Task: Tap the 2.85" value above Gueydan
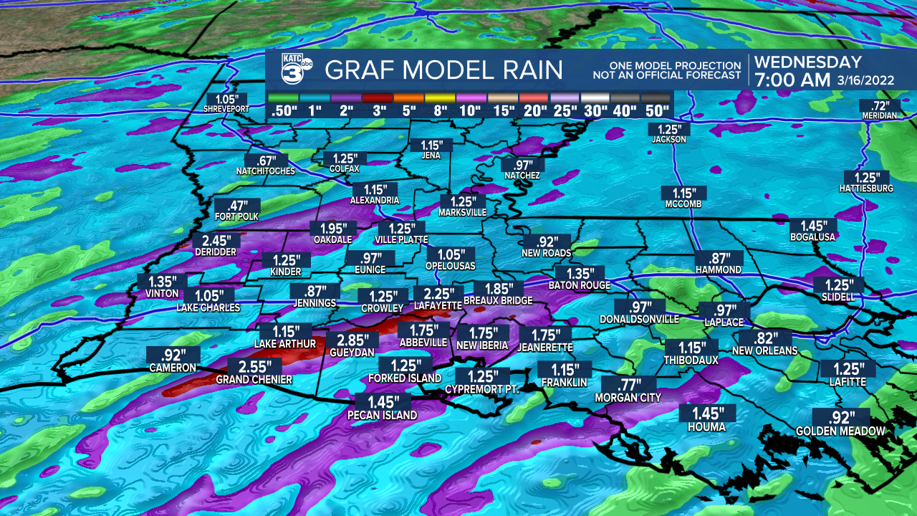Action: pos(353,340)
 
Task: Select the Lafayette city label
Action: pos(438,305)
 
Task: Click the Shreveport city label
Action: pos(226,109)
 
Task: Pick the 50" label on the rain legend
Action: pos(656,111)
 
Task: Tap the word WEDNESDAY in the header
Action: pos(808,62)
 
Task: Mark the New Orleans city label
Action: pos(764,351)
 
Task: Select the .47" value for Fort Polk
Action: pos(236,204)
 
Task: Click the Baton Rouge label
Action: pos(579,285)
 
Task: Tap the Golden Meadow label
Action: pos(840,431)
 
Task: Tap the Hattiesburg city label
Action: pos(866,188)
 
